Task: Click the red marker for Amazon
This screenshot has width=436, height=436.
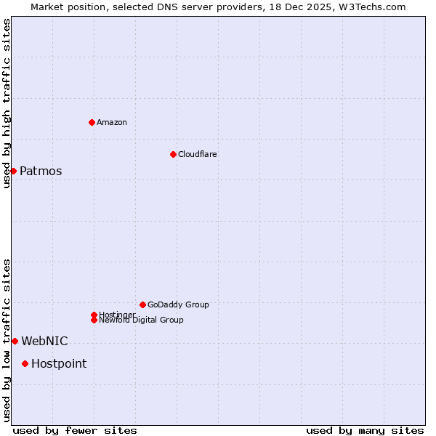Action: [92, 122]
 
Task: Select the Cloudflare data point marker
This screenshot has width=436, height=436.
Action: [173, 154]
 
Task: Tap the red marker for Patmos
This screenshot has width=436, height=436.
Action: [13, 171]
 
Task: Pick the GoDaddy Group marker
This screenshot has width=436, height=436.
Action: [142, 304]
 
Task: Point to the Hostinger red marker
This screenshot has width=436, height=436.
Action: [94, 315]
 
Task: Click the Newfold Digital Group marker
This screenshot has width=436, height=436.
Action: [94, 320]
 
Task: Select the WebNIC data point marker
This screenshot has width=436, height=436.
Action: [15, 341]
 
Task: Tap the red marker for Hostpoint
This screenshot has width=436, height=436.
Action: [25, 363]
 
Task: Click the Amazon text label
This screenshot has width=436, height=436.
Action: [112, 122]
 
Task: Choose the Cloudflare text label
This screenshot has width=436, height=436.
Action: [198, 154]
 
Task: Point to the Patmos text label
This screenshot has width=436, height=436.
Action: [41, 171]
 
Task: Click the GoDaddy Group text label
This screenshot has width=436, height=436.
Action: [178, 304]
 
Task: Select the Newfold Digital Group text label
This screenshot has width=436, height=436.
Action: [142, 320]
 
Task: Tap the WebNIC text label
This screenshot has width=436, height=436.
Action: [44, 342]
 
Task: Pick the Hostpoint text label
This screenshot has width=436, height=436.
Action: [59, 364]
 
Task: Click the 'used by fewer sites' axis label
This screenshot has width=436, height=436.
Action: [75, 430]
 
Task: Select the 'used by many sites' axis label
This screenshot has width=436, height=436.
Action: [365, 430]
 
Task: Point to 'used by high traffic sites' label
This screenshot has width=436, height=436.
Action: [7, 103]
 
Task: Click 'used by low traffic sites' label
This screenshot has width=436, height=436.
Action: [7, 339]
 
